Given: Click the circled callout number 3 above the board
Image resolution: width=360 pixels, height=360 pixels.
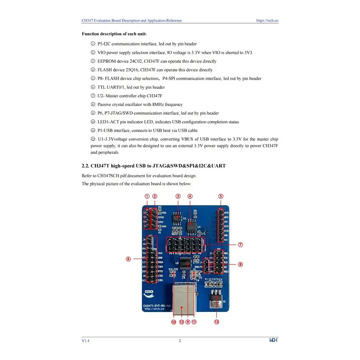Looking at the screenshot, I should pyautogui.click(x=178, y=196).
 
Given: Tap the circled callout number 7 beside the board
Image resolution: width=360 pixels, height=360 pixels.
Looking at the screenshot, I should pyautogui.click(x=240, y=245).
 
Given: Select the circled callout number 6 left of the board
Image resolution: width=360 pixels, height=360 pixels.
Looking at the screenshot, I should pyautogui.click(x=129, y=259).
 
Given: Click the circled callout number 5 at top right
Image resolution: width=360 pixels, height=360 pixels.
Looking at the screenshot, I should pyautogui.click(x=220, y=196).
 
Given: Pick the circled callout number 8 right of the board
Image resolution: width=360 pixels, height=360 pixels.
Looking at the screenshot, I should pyautogui.click(x=240, y=265).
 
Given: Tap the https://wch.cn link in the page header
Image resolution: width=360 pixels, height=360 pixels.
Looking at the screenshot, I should pyautogui.click(x=267, y=20).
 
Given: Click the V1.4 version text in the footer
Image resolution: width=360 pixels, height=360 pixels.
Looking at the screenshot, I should pyautogui.click(x=85, y=341).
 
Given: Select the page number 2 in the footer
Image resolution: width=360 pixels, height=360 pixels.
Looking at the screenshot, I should pyautogui.click(x=180, y=341).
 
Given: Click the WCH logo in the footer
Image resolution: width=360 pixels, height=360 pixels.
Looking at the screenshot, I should pyautogui.click(x=274, y=341).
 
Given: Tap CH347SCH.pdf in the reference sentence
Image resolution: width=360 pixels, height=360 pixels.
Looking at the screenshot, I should pyautogui.click(x=111, y=175).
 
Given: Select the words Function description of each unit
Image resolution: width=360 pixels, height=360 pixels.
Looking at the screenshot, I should pyautogui.click(x=114, y=34).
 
